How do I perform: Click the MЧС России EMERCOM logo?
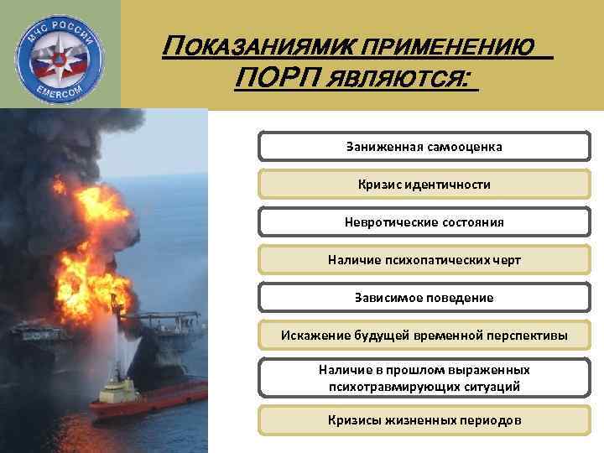coord(60,55)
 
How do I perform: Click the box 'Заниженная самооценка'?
coord(424,146)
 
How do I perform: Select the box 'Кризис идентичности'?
coord(424,184)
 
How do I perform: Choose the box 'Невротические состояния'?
coord(424,222)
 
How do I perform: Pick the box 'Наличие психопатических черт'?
coord(424,260)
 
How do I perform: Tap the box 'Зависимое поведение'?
coord(424,298)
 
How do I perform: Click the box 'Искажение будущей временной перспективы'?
coord(424,336)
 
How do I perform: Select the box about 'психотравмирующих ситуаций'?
coord(424,377)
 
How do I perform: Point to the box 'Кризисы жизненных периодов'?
coord(424,419)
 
